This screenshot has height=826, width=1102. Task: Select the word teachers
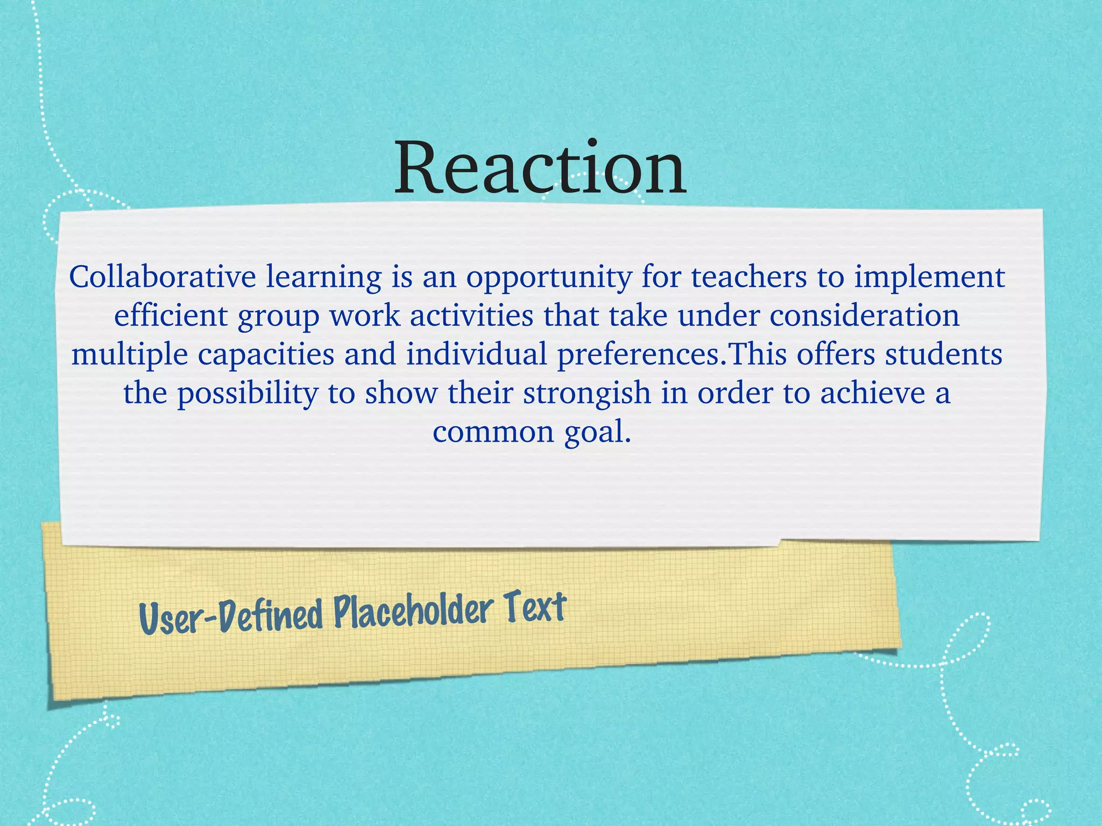pyautogui.click(x=749, y=277)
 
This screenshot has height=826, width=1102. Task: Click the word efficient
pyautogui.click(x=171, y=316)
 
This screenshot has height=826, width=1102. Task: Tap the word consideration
pyautogui.click(x=865, y=316)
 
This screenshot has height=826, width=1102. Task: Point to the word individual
pyautogui.click(x=476, y=354)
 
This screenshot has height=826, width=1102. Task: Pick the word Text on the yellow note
pyautogui.click(x=535, y=607)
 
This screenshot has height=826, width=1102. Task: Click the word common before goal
pyautogui.click(x=493, y=432)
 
